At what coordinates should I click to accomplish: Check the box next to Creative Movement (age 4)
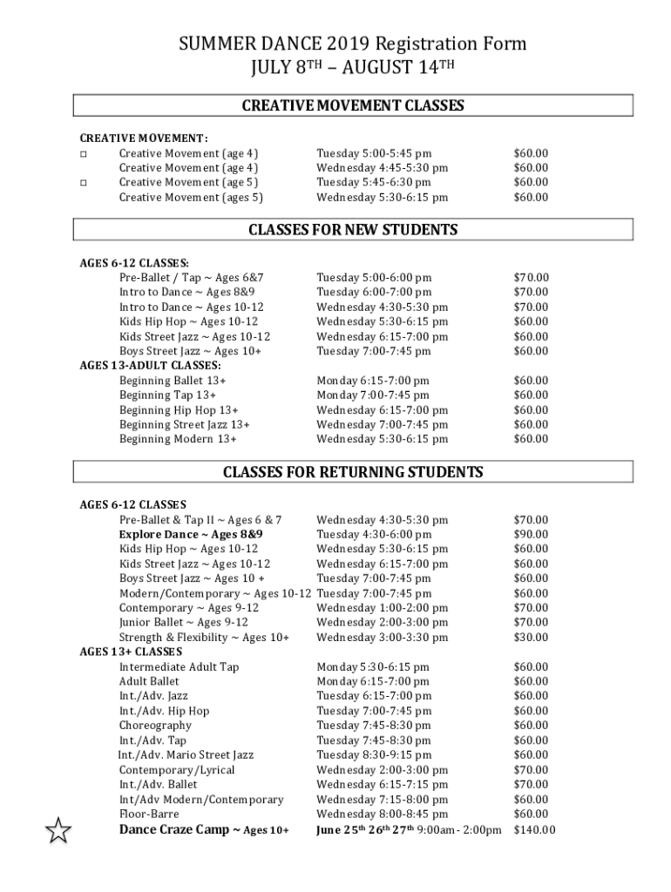coord(84,153)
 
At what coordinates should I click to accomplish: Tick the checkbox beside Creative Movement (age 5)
coord(84,183)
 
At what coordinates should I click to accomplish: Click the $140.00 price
coord(534,829)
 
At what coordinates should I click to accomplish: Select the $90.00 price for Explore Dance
coord(531,534)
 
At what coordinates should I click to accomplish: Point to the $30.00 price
coord(531,638)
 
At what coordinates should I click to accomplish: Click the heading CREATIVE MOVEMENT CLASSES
coord(352,106)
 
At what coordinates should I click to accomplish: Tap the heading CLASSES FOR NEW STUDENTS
coord(352,230)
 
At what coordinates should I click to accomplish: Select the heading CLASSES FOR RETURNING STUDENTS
coord(352,472)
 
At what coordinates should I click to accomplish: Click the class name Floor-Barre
coord(149,814)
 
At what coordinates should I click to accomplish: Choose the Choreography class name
coord(155,726)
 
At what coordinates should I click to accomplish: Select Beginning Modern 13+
coord(178,439)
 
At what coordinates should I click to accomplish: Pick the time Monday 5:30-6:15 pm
coord(373,667)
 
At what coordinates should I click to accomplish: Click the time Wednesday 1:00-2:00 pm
coord(382,608)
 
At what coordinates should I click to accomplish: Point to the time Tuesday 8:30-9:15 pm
coord(374,755)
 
